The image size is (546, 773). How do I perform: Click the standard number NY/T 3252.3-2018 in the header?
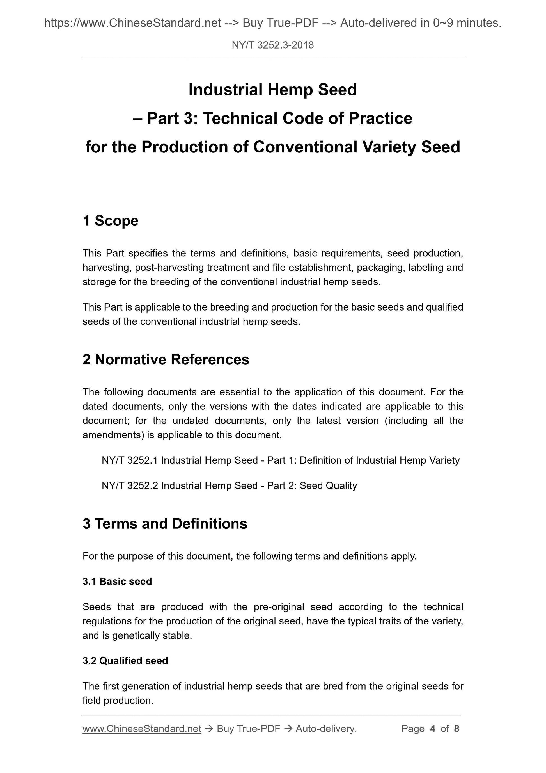click(x=272, y=45)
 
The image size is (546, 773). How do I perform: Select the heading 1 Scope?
click(x=110, y=221)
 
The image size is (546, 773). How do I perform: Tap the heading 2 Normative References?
click(x=166, y=360)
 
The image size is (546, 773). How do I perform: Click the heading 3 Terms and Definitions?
click(x=165, y=524)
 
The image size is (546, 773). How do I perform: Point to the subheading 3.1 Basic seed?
click(x=117, y=582)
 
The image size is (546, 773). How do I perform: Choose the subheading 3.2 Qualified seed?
click(x=125, y=661)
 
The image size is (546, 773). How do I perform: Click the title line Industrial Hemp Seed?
click(x=272, y=90)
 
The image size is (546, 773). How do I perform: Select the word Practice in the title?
click(x=380, y=118)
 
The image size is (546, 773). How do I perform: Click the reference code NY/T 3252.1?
click(x=130, y=460)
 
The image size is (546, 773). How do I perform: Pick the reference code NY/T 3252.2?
click(x=130, y=485)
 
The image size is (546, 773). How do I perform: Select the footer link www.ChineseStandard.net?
click(x=142, y=729)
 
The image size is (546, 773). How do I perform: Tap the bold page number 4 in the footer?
click(x=433, y=729)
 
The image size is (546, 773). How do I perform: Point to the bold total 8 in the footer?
click(x=456, y=729)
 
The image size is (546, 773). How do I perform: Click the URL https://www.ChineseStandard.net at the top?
click(x=132, y=23)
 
